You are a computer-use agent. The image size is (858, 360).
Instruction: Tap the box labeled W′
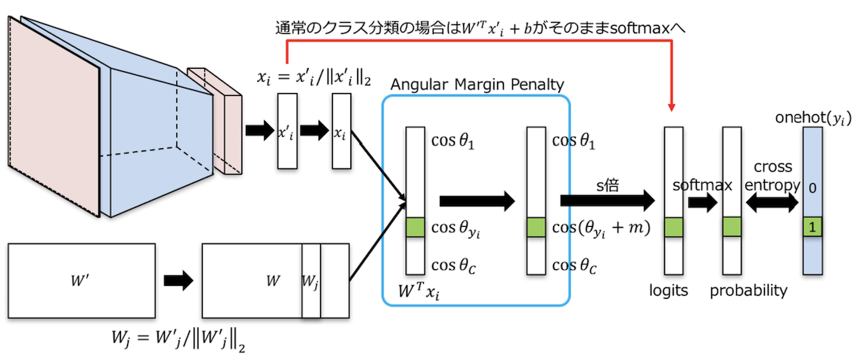coord(81,281)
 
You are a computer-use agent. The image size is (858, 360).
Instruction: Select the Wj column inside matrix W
coord(311,281)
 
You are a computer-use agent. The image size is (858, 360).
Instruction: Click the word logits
coord(669,290)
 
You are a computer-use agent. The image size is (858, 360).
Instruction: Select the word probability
coord(748,290)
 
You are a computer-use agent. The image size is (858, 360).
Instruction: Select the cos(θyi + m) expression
coord(602,228)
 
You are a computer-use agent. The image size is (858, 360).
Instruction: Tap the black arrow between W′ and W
coord(179,281)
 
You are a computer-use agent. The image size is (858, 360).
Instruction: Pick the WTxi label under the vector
coord(419,290)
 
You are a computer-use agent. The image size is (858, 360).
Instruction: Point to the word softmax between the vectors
coord(703,185)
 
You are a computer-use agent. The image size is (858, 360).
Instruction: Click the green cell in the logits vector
coord(674,226)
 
